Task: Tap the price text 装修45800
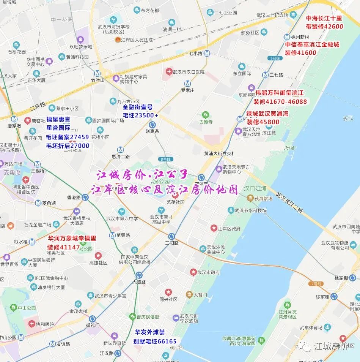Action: tap(263, 122)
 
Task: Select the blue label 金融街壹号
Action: tap(137, 107)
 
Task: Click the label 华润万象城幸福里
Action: tap(72, 239)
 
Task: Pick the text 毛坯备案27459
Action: tap(68, 137)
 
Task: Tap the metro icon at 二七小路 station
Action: tap(207, 54)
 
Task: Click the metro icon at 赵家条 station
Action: tap(152, 125)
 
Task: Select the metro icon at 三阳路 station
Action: tap(172, 236)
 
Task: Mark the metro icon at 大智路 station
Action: tap(139, 275)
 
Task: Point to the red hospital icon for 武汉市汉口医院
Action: tap(169, 72)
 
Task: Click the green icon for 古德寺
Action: tap(206, 114)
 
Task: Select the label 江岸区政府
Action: tap(229, 229)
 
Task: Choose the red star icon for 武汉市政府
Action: tap(193, 272)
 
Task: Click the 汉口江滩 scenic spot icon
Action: tap(250, 198)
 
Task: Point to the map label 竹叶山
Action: tap(98, 80)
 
